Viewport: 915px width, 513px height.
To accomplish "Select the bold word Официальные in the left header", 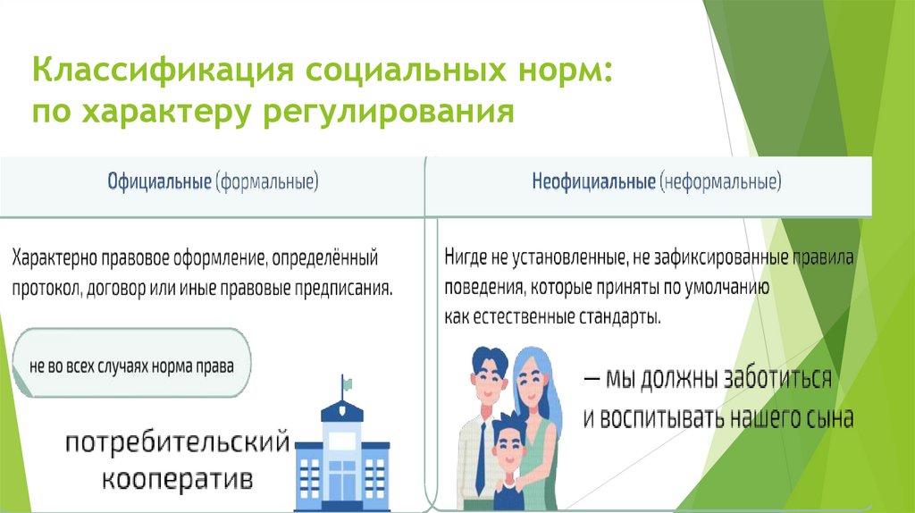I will click(159, 181).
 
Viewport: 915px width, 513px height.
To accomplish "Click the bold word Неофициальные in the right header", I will click(594, 181).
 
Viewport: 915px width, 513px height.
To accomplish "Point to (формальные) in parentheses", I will click(267, 181).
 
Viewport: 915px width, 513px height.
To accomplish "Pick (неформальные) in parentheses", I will click(721, 181).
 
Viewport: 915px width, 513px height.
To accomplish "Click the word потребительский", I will click(177, 442).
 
